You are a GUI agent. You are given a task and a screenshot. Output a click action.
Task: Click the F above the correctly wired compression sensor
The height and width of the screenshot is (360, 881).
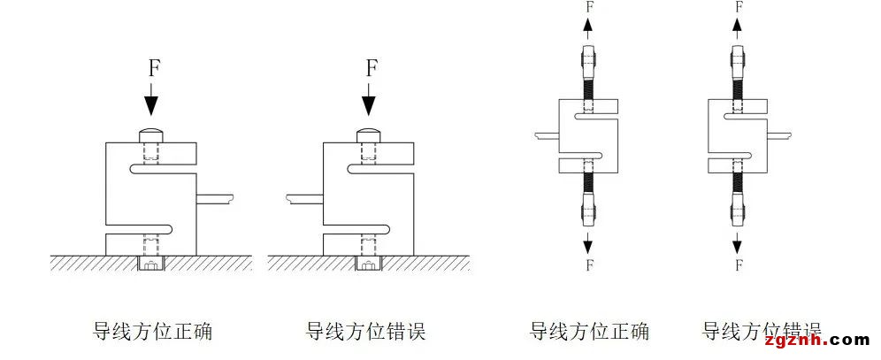[151, 68]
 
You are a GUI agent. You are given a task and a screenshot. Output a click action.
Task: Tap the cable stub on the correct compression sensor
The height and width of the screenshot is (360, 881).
[217, 197]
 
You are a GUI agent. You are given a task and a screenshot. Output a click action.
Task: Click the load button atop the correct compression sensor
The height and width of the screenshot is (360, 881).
[151, 134]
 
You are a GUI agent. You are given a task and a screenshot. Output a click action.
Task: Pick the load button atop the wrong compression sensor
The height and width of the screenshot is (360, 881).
[368, 134]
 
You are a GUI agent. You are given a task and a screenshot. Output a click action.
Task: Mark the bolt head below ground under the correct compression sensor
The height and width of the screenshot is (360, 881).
[151, 264]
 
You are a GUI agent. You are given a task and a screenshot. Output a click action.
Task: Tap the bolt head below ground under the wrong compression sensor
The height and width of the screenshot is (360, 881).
[368, 264]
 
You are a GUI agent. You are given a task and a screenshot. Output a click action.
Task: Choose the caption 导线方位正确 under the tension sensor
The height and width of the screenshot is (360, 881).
[589, 332]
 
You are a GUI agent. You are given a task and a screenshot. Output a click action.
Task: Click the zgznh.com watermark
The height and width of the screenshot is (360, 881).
[820, 339]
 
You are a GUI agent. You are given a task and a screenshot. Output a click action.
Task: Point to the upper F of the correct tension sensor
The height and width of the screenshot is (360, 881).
[590, 7]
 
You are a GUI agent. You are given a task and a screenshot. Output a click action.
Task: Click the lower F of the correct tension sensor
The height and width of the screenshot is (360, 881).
[590, 264]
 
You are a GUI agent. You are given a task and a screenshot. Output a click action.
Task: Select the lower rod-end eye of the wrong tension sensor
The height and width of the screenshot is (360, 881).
[737, 211]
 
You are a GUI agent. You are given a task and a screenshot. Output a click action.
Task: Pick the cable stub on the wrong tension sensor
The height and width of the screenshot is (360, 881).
[778, 135]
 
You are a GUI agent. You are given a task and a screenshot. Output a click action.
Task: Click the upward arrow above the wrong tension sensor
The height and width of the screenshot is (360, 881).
[737, 27]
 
